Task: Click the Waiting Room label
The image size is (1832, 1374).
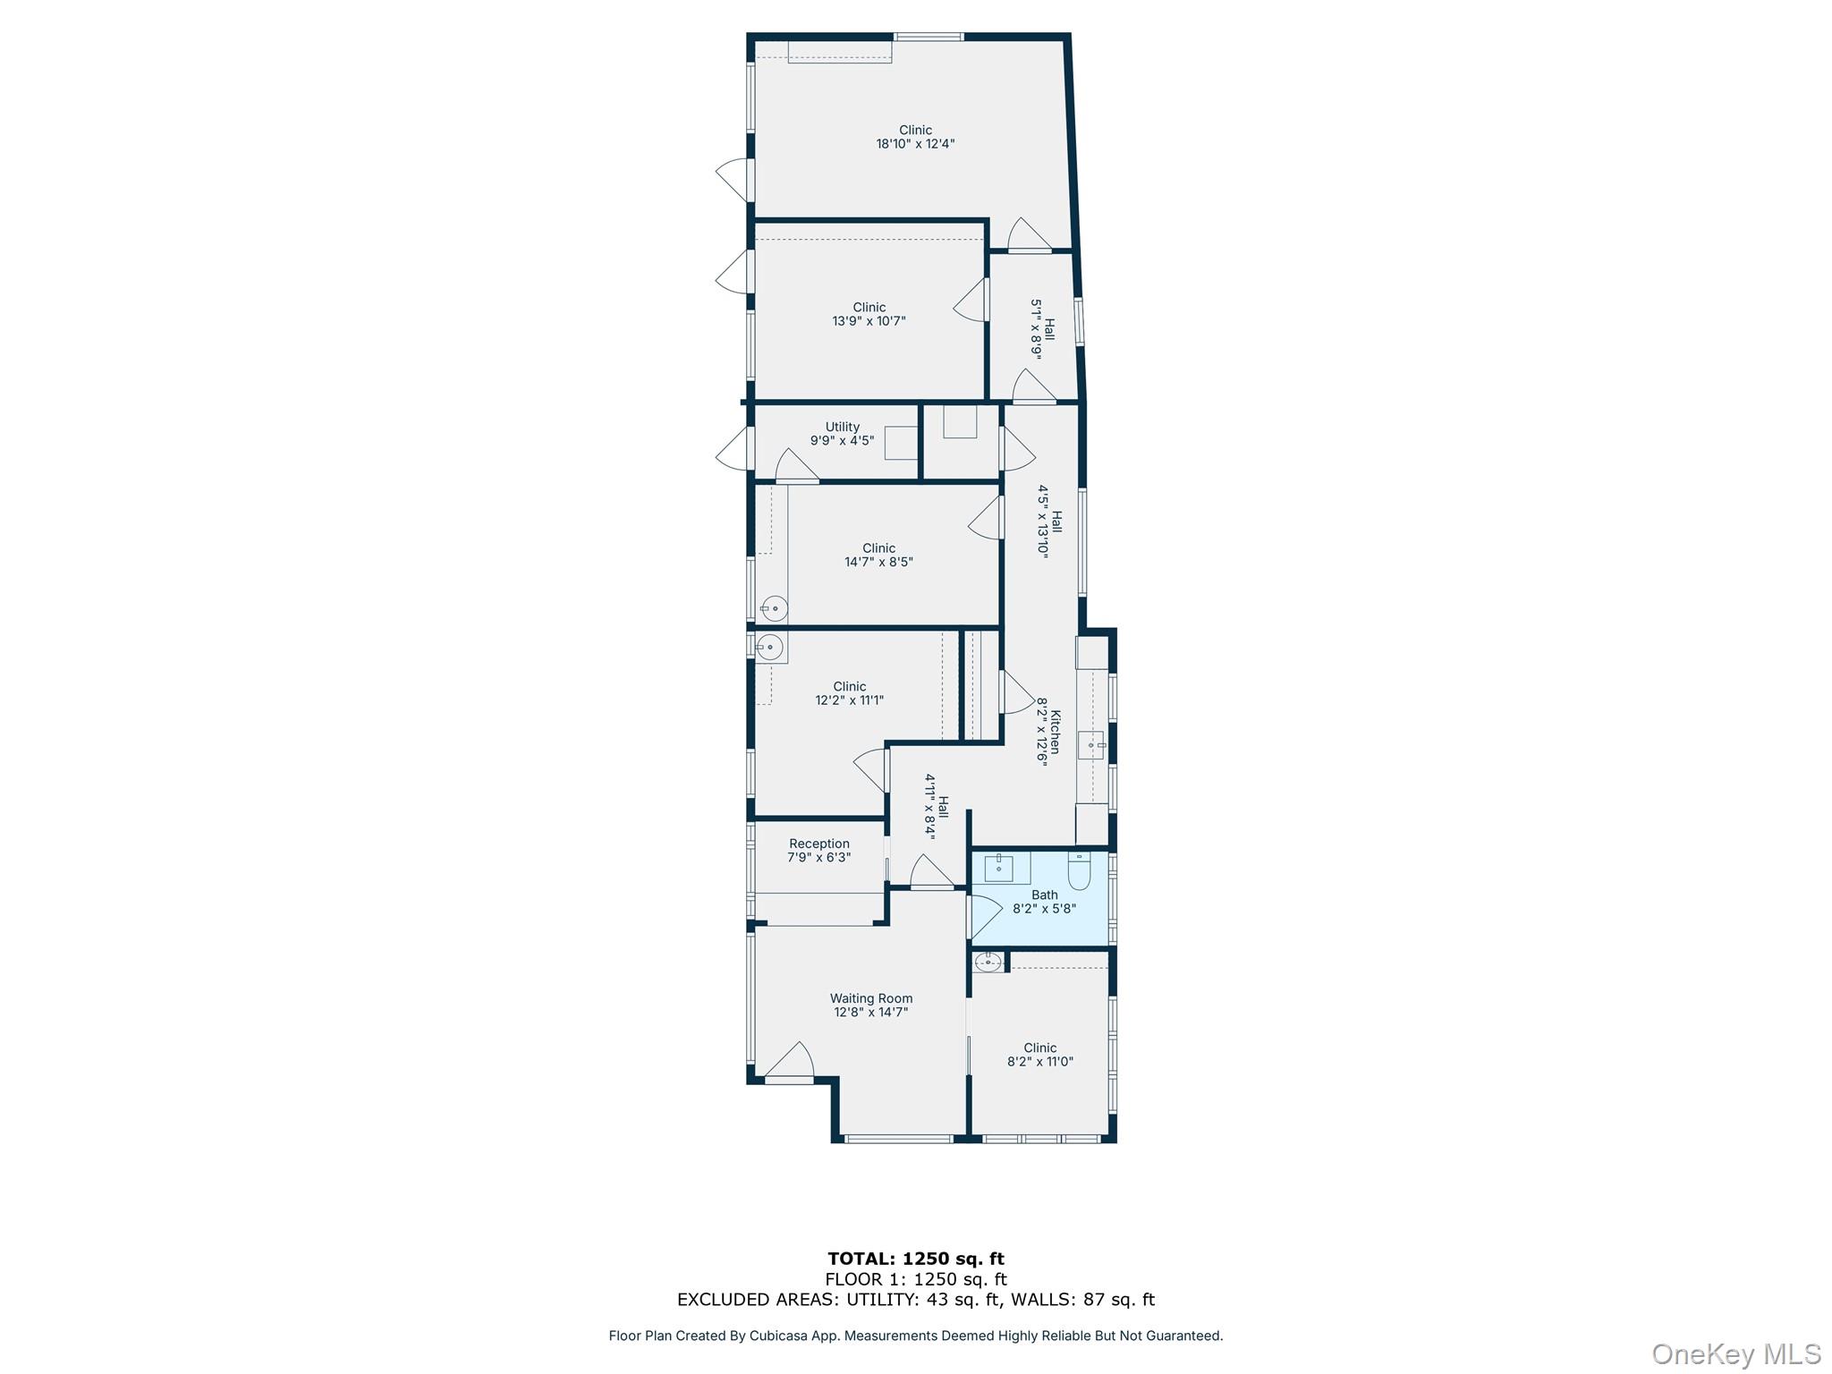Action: tap(870, 998)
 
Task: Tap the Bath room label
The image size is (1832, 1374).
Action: tap(1044, 895)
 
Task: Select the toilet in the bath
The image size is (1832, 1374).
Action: tap(1079, 870)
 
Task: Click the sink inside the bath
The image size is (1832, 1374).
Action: tap(999, 865)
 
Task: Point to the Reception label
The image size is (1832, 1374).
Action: tap(818, 844)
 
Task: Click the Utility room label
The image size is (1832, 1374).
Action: tap(842, 427)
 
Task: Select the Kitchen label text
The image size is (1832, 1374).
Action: tap(1056, 732)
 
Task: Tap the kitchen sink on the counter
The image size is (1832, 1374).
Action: tap(1090, 744)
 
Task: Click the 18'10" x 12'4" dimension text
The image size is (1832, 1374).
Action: tap(915, 144)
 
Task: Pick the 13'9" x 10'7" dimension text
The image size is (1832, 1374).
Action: tap(869, 321)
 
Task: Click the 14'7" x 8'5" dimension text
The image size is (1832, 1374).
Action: tap(878, 563)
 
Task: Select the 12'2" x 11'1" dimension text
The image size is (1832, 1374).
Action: tap(849, 700)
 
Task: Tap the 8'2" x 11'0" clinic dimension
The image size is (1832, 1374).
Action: tap(1039, 1062)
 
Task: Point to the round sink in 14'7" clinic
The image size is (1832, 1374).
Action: tap(775, 608)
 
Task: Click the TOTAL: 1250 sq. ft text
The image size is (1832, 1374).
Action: tap(915, 1259)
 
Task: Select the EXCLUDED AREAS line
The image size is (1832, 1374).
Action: tap(915, 1300)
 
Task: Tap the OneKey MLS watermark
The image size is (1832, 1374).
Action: tap(1735, 1353)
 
